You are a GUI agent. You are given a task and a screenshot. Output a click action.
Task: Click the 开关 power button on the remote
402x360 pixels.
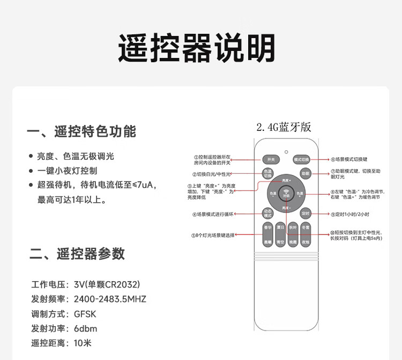[x=271, y=159]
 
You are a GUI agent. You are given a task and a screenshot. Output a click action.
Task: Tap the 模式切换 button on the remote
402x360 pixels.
[x=301, y=159]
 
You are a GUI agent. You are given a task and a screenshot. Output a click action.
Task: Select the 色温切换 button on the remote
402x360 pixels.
[x=268, y=174]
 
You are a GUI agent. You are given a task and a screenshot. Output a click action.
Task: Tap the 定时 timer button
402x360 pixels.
[x=306, y=213]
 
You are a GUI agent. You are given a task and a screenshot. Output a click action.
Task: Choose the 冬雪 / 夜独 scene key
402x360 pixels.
[x=306, y=235]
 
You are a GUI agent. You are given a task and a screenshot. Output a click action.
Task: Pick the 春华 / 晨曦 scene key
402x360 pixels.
[x=267, y=235]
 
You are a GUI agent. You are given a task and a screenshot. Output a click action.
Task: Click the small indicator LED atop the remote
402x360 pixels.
[x=286, y=151]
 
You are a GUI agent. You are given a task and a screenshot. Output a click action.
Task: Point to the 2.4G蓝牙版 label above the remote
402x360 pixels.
[x=284, y=127]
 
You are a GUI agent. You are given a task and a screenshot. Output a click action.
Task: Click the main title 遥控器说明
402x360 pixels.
[x=197, y=49]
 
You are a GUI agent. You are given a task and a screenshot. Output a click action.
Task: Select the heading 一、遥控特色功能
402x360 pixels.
[x=81, y=131]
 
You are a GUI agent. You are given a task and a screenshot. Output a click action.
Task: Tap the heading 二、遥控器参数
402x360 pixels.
[x=77, y=254]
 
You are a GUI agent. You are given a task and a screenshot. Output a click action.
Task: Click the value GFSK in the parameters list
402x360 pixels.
[x=85, y=314]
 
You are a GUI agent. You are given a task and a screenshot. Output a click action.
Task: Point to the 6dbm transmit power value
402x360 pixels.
[x=86, y=328]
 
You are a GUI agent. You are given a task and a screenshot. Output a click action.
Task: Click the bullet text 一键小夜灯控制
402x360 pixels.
[x=67, y=171]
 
